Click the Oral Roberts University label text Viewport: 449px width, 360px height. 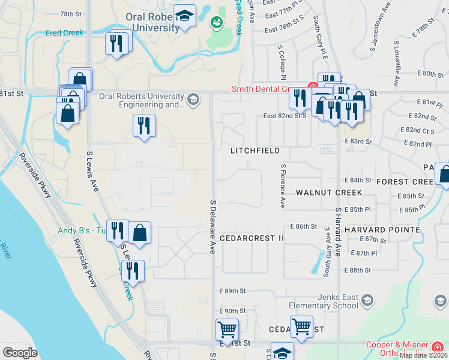point(152,23)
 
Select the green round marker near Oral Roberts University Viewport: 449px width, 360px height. point(216,23)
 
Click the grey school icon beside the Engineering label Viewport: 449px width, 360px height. point(193,99)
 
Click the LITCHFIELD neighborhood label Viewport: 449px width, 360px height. point(255,151)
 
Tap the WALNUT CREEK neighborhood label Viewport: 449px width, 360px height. point(329,193)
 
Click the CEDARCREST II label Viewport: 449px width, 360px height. point(252,238)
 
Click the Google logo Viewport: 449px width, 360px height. point(20,353)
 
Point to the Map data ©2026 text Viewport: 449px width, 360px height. point(423,355)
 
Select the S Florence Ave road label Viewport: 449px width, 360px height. point(282,186)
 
